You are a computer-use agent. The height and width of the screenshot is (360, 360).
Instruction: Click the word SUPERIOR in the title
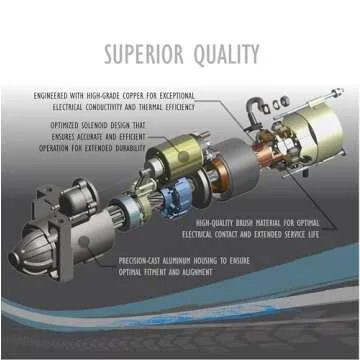(x=143, y=52)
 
